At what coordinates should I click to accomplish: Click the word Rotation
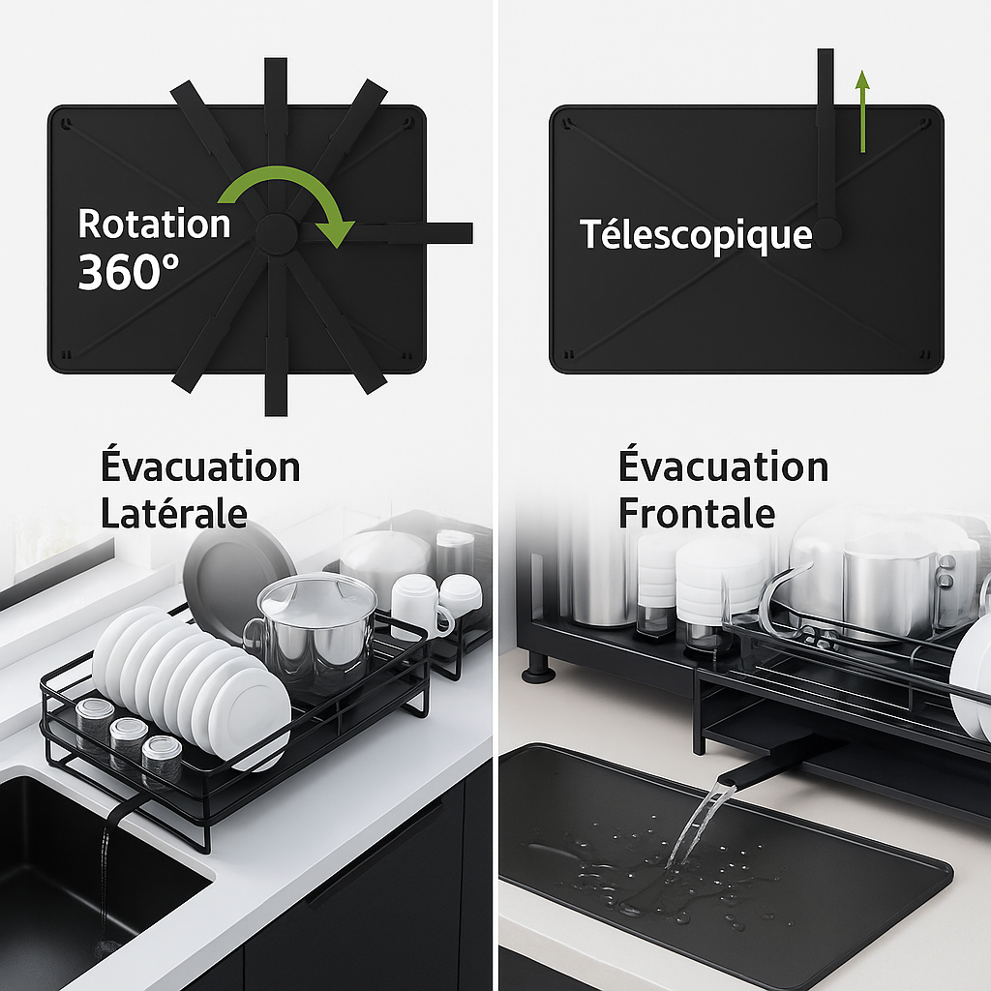(x=154, y=224)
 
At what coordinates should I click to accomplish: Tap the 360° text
(x=129, y=273)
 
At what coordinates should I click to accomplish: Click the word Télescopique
(x=695, y=235)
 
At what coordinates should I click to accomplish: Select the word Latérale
(x=173, y=513)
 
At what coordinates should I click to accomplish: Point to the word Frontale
(x=696, y=513)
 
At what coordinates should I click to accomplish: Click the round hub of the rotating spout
(x=277, y=233)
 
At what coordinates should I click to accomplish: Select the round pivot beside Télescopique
(x=826, y=234)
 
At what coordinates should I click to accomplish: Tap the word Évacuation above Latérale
(x=200, y=467)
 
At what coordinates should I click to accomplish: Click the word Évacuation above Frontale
(x=723, y=467)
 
